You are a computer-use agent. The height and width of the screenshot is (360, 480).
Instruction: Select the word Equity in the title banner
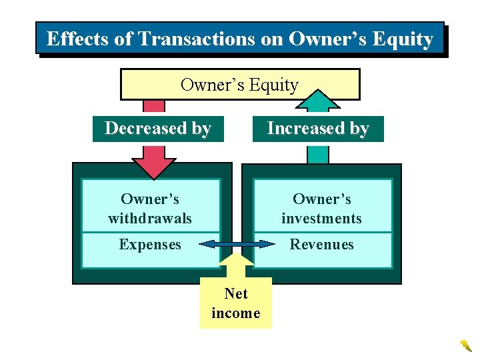(x=403, y=39)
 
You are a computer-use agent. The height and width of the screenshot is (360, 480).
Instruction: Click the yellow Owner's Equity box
(x=239, y=85)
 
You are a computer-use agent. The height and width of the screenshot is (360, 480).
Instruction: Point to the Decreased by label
(x=158, y=128)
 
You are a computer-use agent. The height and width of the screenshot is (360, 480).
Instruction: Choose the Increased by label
(x=318, y=128)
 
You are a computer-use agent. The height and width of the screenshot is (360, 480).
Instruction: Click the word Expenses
(x=150, y=245)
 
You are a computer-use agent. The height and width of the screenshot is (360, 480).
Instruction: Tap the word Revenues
(x=321, y=245)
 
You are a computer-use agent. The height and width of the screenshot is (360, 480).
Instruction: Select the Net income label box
(x=236, y=303)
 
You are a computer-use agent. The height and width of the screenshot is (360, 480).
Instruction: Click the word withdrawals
(x=150, y=218)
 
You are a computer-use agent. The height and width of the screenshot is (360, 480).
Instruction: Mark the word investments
(x=321, y=218)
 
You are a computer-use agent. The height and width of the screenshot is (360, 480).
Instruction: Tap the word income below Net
(x=236, y=313)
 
